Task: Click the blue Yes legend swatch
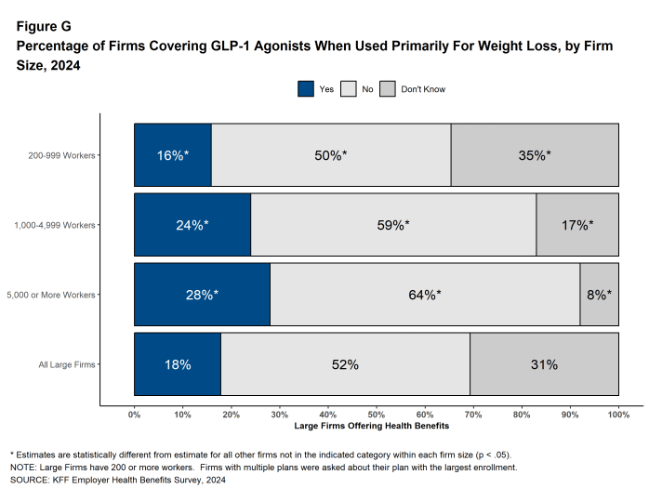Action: coord(306,89)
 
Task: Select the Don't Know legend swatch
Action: coord(388,89)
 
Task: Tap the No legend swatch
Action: coord(349,89)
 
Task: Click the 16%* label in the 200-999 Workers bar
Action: coord(172,155)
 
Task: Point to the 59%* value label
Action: coord(392,225)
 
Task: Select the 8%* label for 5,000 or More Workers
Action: coord(599,295)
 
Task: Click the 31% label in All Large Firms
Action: coord(544,364)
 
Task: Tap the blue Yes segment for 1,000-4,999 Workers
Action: coord(192,225)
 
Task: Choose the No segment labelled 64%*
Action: coord(425,295)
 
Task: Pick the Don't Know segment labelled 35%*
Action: coord(535,155)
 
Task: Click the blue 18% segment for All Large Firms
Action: coord(177,364)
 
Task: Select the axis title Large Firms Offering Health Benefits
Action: coord(372,427)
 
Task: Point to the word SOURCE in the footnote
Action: coord(26,481)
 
